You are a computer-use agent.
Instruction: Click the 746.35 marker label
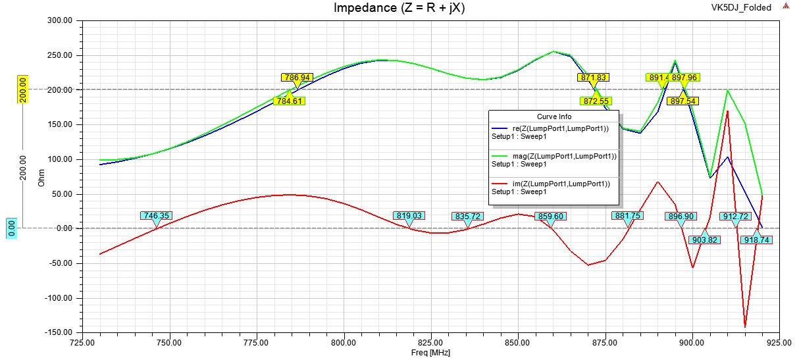[156, 215]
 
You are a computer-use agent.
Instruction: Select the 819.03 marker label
[409, 215]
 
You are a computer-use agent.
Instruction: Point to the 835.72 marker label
[467, 216]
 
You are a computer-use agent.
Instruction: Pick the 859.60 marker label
[552, 216]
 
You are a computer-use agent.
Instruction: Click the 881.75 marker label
[627, 216]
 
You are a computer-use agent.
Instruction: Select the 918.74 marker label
[757, 240]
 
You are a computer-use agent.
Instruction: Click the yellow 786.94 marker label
[297, 77]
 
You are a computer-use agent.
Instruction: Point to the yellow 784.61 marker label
[290, 101]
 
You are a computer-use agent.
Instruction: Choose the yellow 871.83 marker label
[593, 77]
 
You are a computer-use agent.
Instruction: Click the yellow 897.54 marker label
[683, 101]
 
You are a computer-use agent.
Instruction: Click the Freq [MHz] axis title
[431, 353]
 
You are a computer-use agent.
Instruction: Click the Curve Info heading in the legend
[555, 116]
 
